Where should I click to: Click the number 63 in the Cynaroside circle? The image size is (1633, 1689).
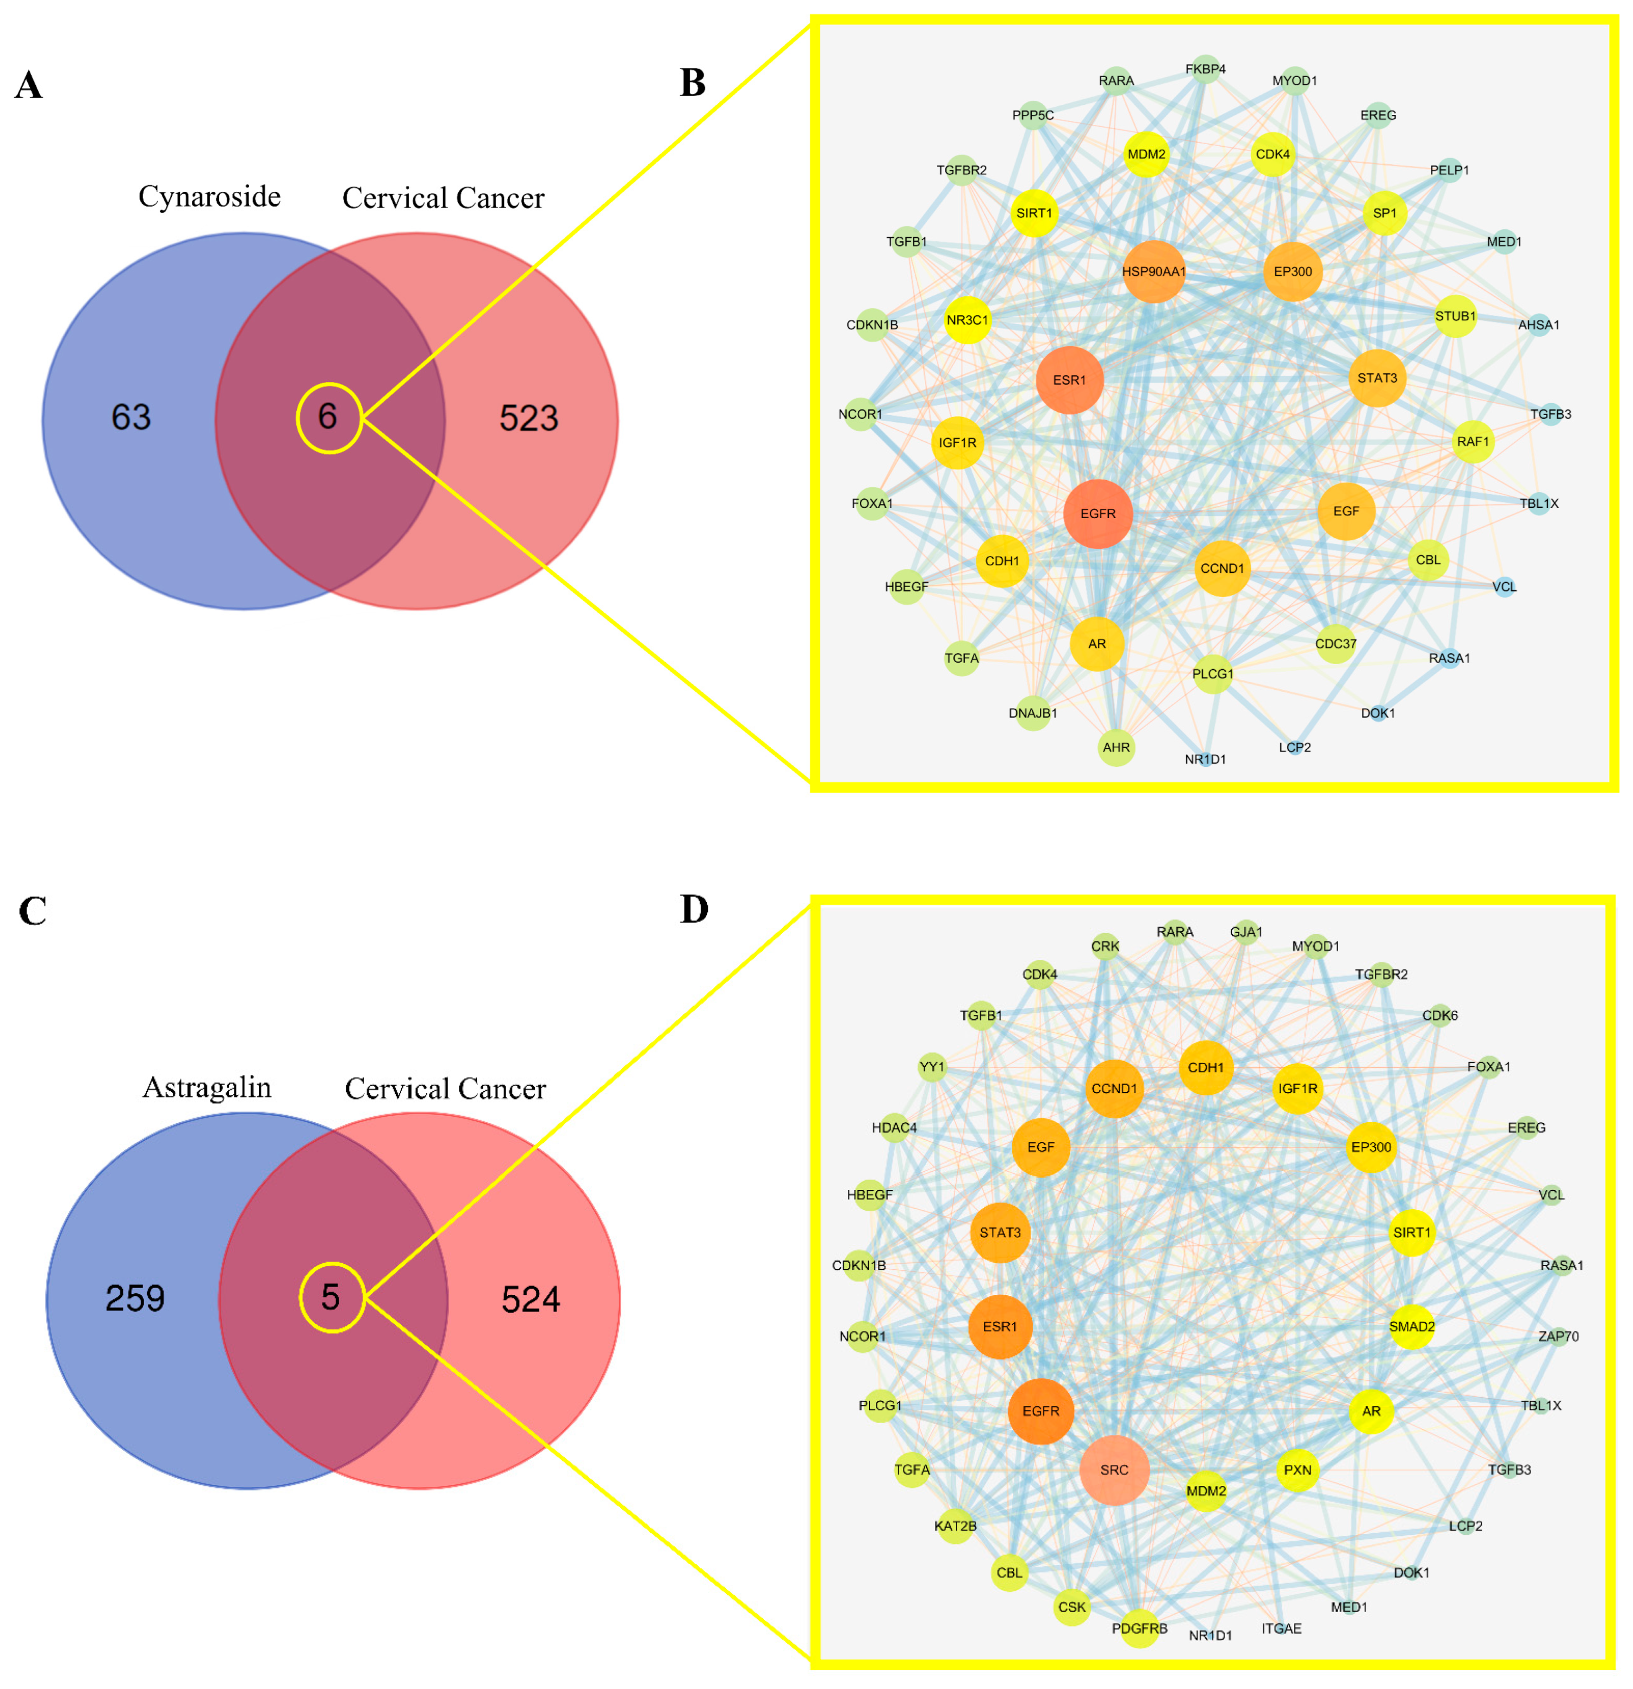point(131,417)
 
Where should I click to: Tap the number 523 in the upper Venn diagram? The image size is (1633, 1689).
point(528,418)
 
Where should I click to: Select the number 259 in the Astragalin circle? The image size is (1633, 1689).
point(135,1298)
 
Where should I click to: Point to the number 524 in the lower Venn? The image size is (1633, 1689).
point(530,1298)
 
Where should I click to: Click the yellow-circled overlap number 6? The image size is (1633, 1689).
point(328,417)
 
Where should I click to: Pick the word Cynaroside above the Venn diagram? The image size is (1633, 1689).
point(209,197)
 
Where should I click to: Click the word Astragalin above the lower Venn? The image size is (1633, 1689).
point(207,1087)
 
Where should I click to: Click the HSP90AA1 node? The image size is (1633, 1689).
point(1153,272)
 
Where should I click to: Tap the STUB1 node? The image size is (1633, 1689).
point(1455,317)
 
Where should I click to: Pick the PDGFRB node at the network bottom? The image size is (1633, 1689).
point(1139,1629)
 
